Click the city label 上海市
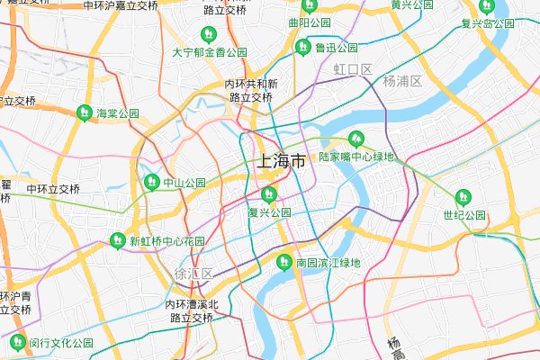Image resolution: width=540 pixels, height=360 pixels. pyautogui.click(x=281, y=162)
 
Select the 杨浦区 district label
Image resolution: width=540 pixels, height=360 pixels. pyautogui.click(x=401, y=81)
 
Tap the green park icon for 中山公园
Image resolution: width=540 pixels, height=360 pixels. pyautogui.click(x=151, y=182)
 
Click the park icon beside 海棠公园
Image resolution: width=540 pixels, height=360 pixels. pyautogui.click(x=85, y=113)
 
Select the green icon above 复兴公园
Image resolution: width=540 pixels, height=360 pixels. pyautogui.click(x=267, y=194)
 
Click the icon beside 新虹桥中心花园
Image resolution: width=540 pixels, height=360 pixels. pyautogui.click(x=117, y=241)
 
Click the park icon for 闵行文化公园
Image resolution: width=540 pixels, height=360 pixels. pyautogui.click(x=16, y=342)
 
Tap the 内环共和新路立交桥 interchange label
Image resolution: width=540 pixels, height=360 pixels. pyautogui.click(x=251, y=90)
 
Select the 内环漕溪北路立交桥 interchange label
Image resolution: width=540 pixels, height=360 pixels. pyautogui.click(x=191, y=311)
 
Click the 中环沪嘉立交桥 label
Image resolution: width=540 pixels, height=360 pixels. pyautogui.click(x=121, y=5)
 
